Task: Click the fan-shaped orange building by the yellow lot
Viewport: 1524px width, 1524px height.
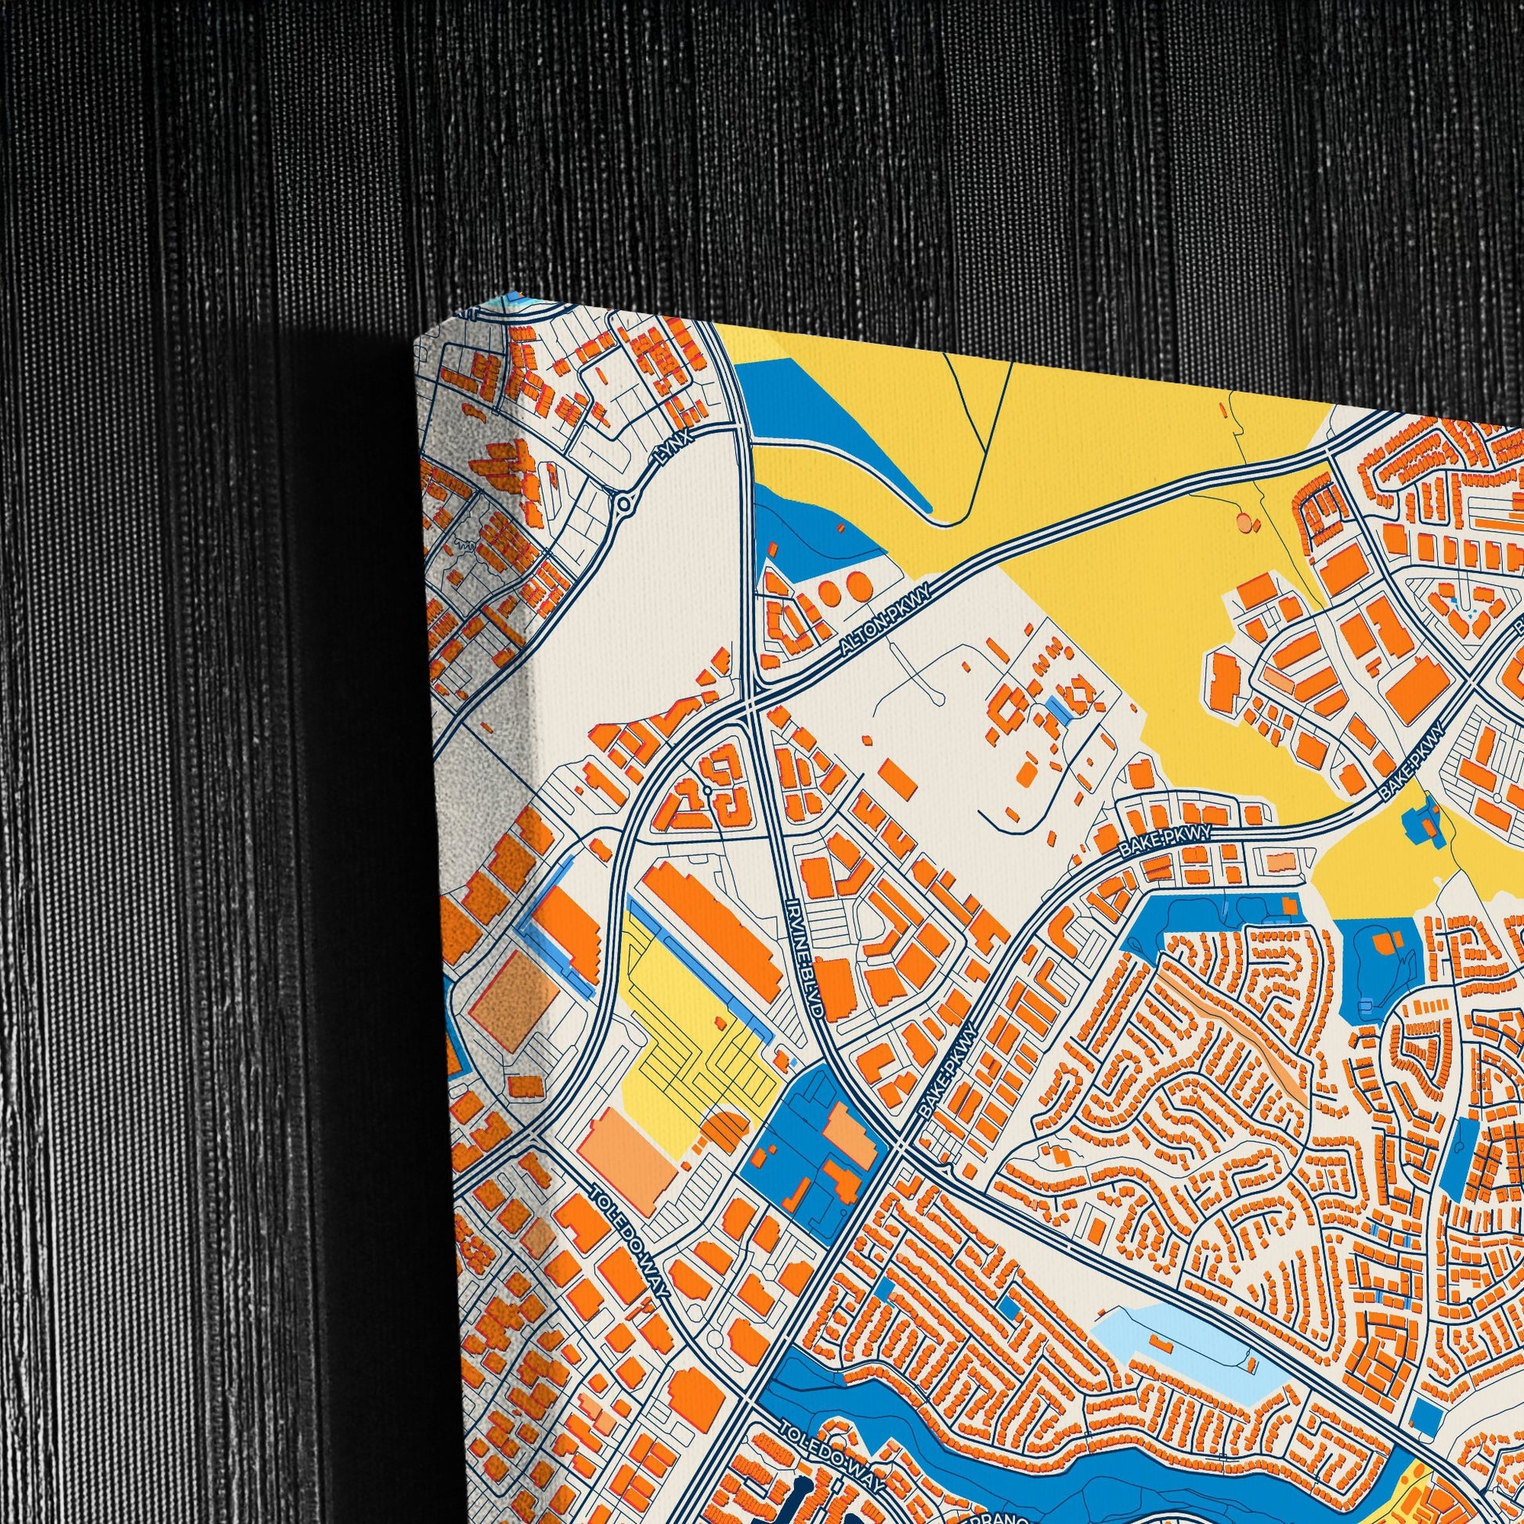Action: [x=722, y=1132]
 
